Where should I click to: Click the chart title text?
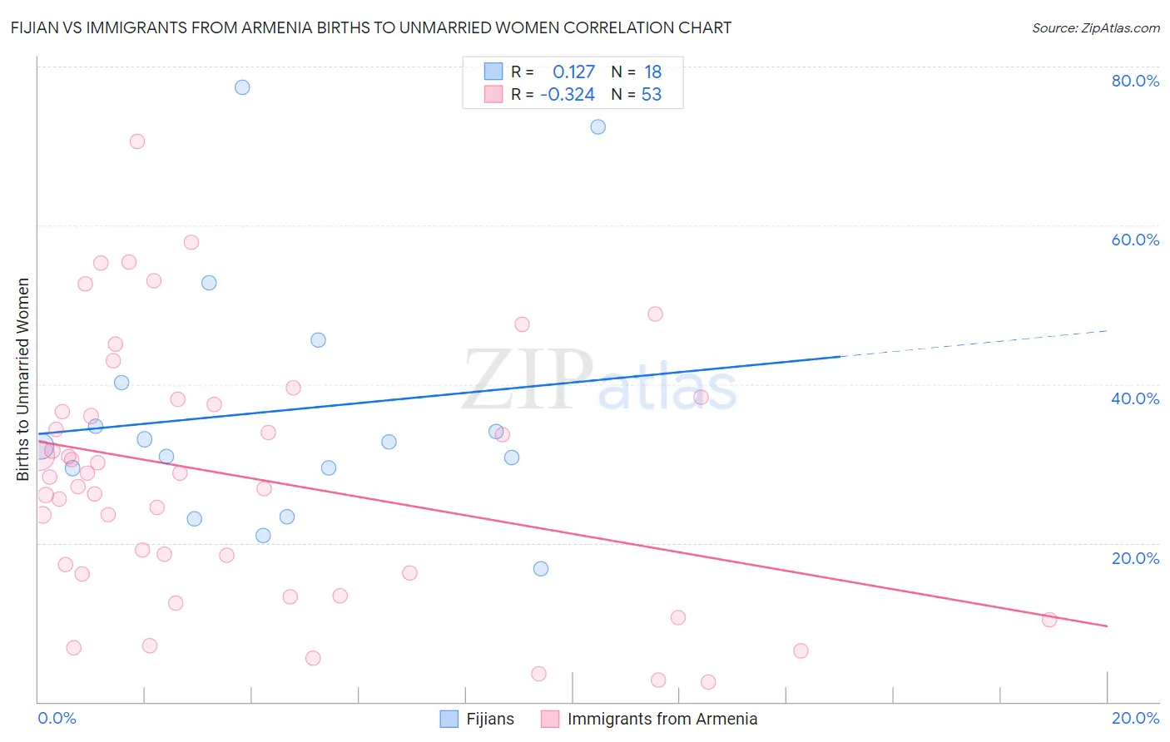click(x=371, y=27)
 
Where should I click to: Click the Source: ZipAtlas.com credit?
click(x=1095, y=27)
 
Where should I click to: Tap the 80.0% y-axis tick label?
click(x=1135, y=81)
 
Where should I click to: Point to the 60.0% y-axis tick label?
click(x=1135, y=240)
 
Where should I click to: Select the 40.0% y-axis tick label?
click(x=1135, y=398)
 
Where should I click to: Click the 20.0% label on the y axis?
click(x=1135, y=558)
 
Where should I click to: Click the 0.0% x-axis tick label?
click(x=57, y=718)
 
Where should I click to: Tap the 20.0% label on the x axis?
click(x=1135, y=718)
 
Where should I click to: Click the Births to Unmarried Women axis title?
click(x=22, y=379)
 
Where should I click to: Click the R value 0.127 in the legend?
click(x=573, y=72)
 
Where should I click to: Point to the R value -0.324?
click(x=568, y=95)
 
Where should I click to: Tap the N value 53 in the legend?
click(x=651, y=95)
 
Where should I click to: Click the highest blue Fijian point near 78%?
click(x=242, y=87)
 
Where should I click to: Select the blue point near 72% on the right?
click(x=597, y=127)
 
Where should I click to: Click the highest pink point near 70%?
click(x=137, y=141)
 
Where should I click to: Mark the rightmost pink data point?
click(x=1049, y=620)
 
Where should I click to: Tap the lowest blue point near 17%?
click(x=541, y=569)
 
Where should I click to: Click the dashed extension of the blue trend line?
click(x=974, y=344)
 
